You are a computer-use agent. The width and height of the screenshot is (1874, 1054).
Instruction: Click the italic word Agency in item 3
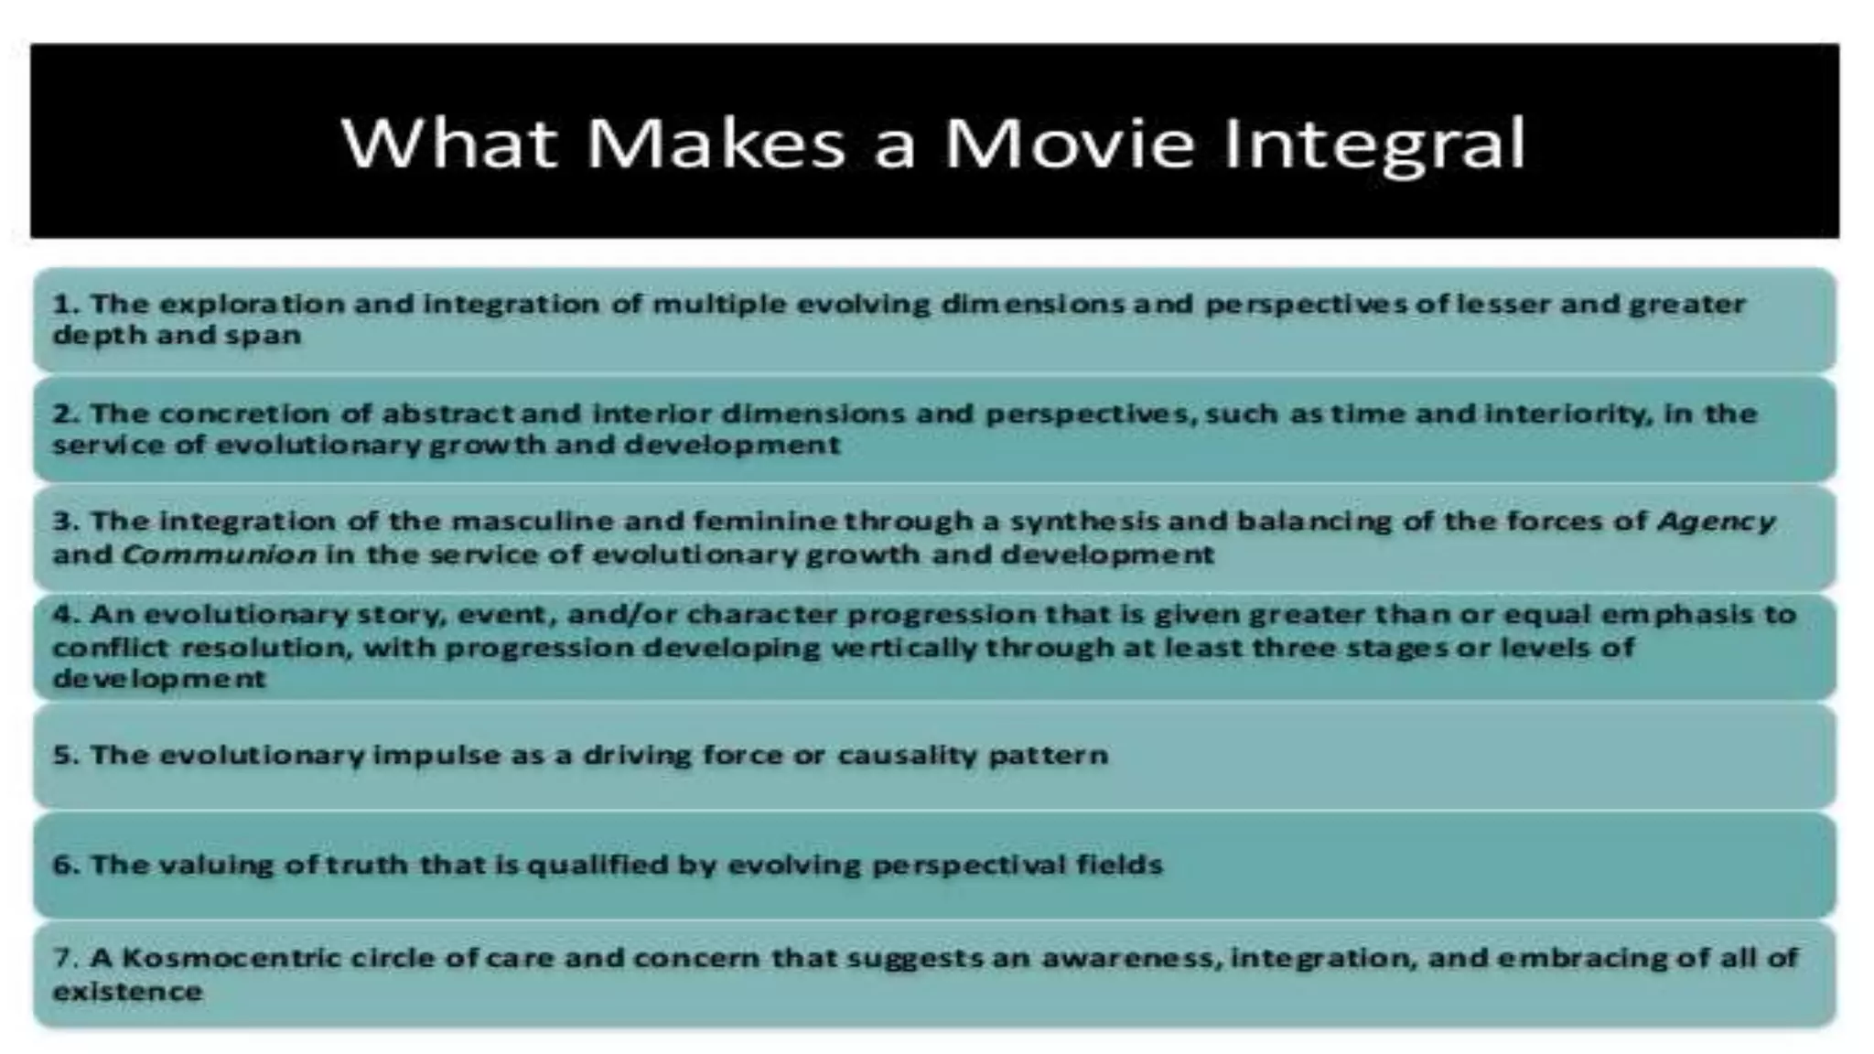tap(1716, 522)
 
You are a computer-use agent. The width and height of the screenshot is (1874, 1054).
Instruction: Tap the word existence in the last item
tap(127, 991)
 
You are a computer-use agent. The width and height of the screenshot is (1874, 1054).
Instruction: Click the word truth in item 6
tap(365, 865)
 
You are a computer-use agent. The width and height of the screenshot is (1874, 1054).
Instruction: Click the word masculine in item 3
tap(530, 522)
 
